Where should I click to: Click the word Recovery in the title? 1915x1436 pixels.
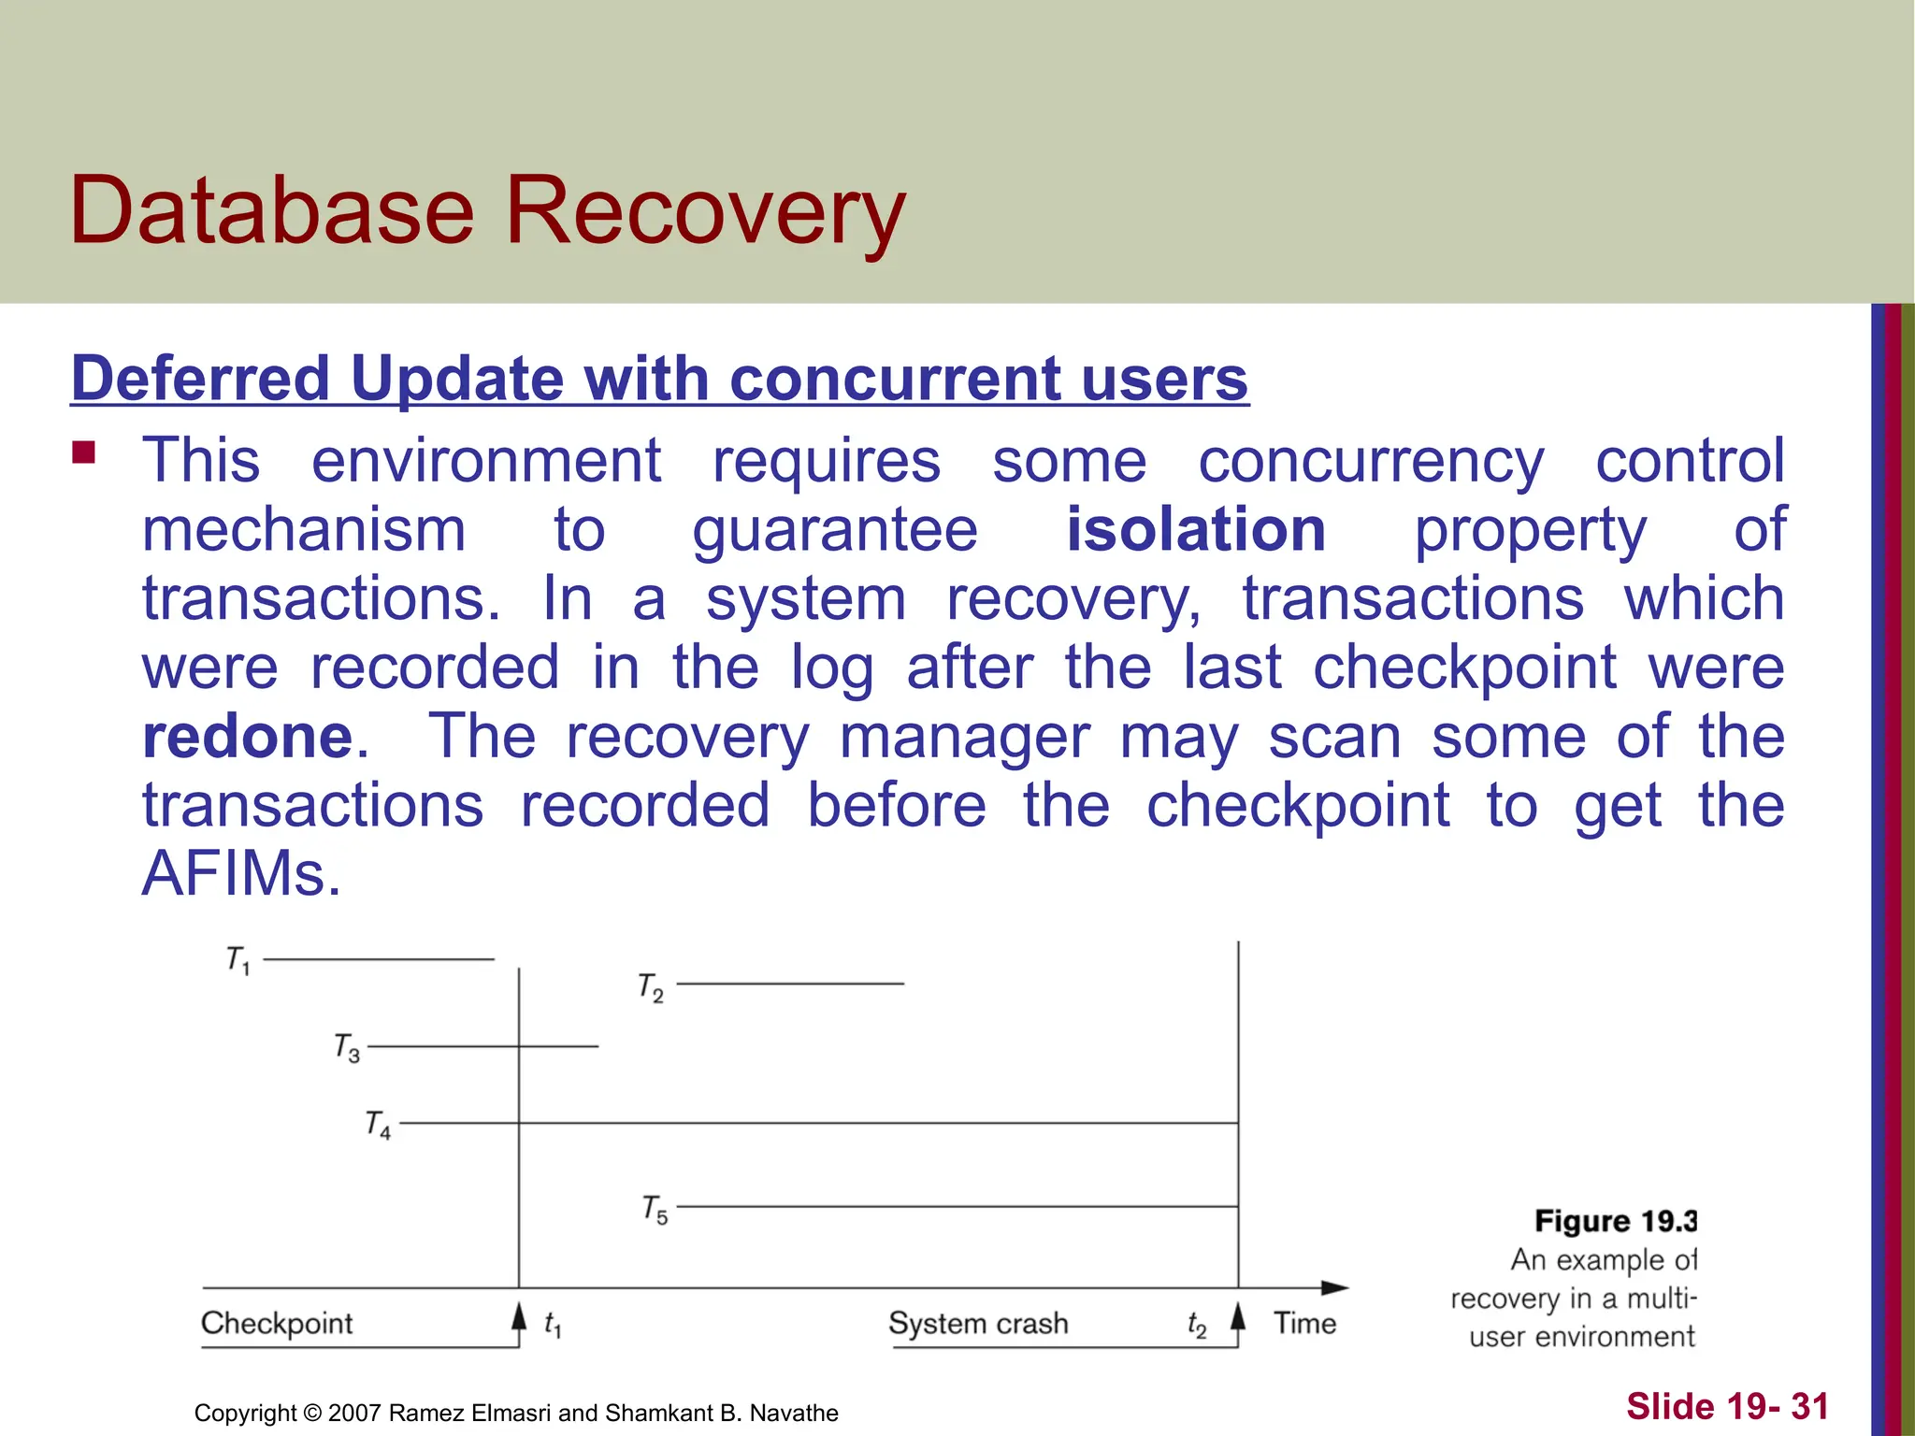(706, 213)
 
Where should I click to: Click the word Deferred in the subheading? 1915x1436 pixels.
(200, 379)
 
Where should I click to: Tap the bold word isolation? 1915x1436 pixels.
(1196, 529)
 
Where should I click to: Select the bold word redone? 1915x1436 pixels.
(248, 737)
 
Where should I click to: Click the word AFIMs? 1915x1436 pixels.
(241, 874)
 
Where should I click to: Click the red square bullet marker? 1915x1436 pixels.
(84, 453)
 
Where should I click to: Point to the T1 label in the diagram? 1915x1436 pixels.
(238, 960)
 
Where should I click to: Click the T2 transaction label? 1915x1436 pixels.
(651, 987)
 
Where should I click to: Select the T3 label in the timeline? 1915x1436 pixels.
(347, 1048)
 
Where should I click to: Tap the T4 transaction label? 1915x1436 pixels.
(378, 1125)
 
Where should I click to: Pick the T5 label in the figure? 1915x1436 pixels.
(655, 1210)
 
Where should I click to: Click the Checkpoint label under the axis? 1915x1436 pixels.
(277, 1323)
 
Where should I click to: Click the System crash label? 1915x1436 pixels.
(978, 1323)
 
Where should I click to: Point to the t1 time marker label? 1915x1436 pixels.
(553, 1324)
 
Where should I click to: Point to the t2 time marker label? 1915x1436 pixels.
(1197, 1325)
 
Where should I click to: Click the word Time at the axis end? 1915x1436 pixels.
(1304, 1323)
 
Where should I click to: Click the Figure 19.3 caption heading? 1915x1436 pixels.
(1616, 1221)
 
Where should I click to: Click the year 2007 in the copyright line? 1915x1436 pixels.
(354, 1413)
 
